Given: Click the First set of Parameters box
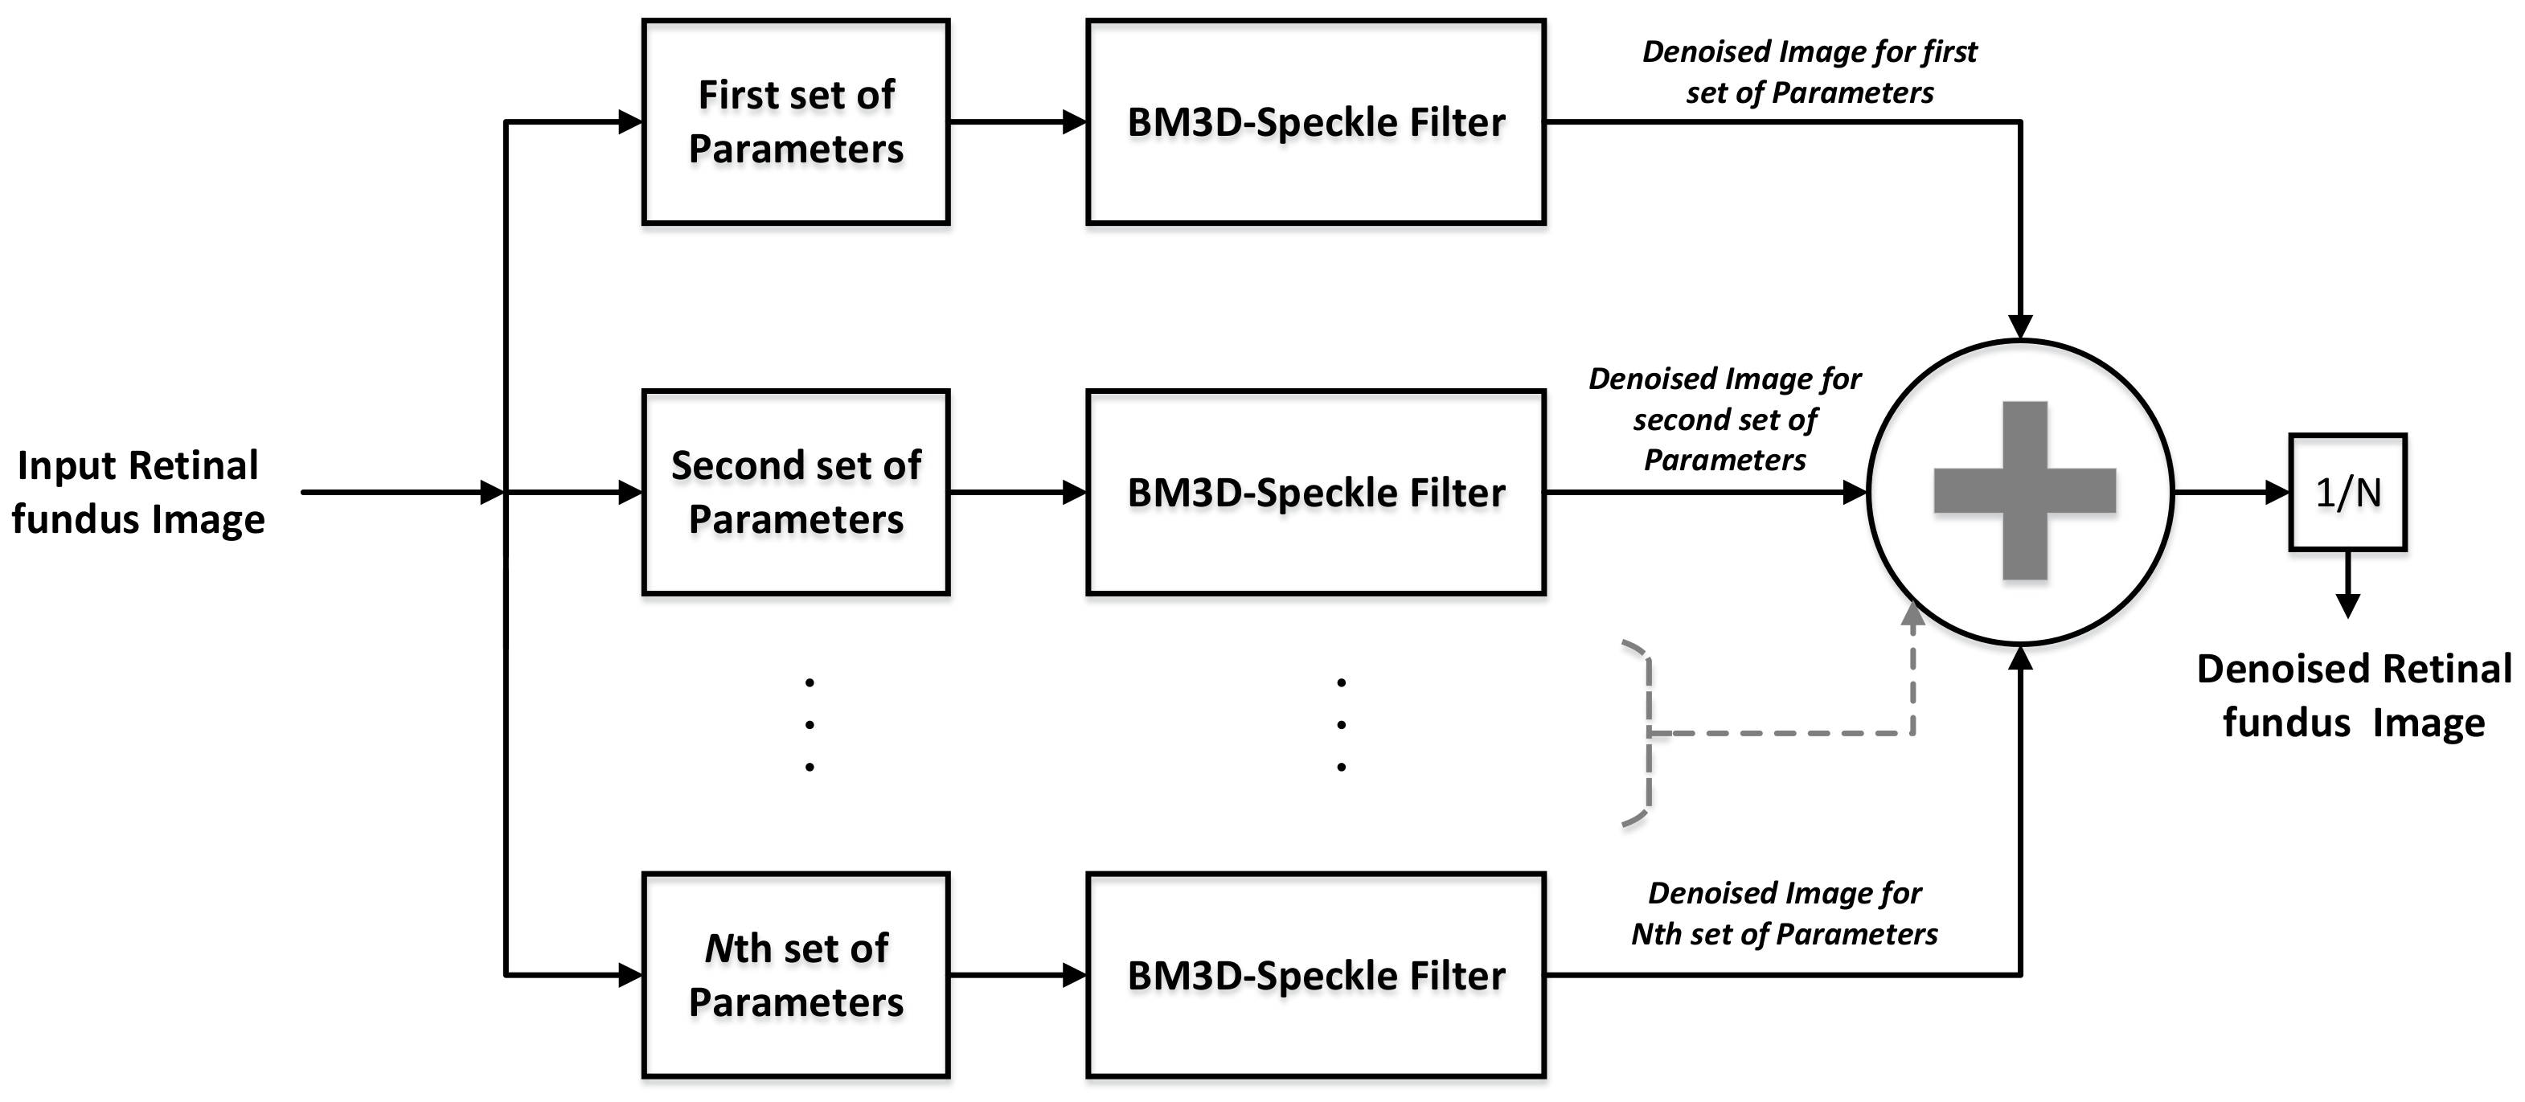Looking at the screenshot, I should [x=795, y=121].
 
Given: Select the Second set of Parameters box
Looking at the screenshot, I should [x=795, y=492].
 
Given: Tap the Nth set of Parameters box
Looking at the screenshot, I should [x=795, y=974].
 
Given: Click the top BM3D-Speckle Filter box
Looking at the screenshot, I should [x=1315, y=121].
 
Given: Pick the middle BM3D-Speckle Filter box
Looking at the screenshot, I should [x=1315, y=492].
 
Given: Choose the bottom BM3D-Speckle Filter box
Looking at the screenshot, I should [x=1315, y=974].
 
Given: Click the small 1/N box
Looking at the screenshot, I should [x=2347, y=492].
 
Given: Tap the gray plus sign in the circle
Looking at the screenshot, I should [x=2024, y=490].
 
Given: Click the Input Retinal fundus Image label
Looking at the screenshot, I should [x=138, y=492].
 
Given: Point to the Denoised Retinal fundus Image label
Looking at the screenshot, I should [x=2352, y=696].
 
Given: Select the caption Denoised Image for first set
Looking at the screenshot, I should [x=1809, y=72].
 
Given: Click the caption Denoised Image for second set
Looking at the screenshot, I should [x=1724, y=419].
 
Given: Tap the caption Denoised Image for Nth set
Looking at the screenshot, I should [x=1784, y=913].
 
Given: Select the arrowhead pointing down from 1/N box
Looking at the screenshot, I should [x=2347, y=606].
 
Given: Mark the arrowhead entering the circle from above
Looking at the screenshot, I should [x=2020, y=326].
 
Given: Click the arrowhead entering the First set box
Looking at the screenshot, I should [x=630, y=121].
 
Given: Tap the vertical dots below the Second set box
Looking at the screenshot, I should [x=810, y=724].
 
